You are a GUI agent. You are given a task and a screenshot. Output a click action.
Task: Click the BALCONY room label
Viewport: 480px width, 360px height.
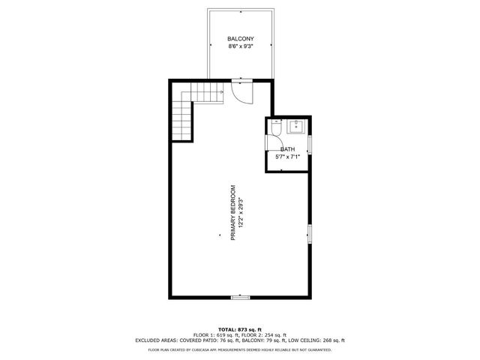coord(240,38)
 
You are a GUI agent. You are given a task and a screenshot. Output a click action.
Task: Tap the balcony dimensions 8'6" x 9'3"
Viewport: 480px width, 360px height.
coord(240,46)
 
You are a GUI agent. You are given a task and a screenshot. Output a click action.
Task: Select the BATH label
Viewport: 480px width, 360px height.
coord(288,149)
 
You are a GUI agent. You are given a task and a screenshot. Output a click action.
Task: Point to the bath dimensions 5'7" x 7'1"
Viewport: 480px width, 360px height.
coord(288,157)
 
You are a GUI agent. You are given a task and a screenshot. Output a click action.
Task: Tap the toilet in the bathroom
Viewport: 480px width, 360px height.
coord(275,129)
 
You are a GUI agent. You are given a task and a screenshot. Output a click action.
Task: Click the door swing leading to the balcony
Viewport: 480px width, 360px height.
coord(242,91)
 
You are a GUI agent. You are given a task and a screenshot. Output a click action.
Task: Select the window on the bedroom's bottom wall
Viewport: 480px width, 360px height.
coord(240,298)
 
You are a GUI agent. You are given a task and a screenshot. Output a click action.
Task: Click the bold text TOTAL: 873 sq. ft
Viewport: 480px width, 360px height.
coord(240,329)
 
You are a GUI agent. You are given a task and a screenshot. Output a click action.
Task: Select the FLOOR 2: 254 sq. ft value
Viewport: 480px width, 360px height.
coord(265,334)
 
